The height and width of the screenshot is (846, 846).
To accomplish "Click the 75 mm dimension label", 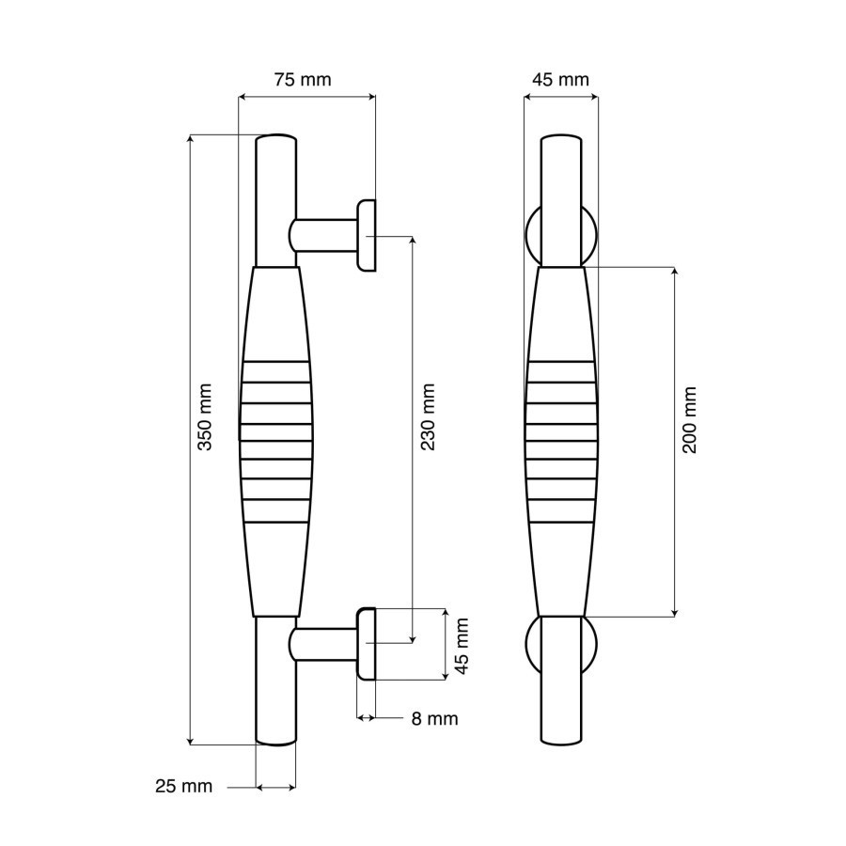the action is coord(302,80).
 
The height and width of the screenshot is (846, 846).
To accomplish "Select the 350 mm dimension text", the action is coord(205,417).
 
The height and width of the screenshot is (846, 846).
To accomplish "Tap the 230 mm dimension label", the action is coord(428,417).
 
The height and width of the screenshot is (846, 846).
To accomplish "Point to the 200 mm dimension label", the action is coord(690,420).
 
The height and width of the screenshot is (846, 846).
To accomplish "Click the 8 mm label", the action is coord(434,719).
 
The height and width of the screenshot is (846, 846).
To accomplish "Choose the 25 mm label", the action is coord(183,786).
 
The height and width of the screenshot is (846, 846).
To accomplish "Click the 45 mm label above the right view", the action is coord(560,80).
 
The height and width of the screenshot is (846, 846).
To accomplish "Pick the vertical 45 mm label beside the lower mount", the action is coord(461,646).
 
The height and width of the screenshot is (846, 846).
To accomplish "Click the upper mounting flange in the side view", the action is coord(366,236).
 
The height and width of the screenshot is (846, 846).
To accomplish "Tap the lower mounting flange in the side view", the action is coord(366,644).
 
